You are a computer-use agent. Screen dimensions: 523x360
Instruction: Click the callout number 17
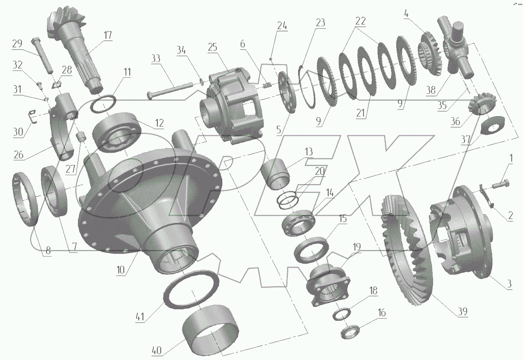click(108, 35)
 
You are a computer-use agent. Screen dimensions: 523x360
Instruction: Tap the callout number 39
click(462, 311)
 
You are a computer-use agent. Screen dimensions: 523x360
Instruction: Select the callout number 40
click(157, 351)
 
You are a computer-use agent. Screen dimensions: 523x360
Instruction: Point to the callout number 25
click(213, 47)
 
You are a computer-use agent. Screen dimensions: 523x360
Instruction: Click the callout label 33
click(156, 58)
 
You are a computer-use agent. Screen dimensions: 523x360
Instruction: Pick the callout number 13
click(309, 152)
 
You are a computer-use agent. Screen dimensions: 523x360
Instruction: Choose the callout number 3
click(509, 284)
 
